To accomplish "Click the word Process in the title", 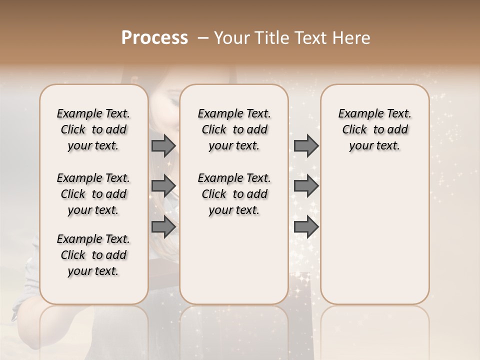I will coord(154,38).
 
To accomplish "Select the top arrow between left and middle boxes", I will coord(163,145).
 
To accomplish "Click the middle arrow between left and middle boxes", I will coord(163,186).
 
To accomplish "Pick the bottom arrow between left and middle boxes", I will coord(163,227).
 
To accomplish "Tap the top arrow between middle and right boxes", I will coord(306,145).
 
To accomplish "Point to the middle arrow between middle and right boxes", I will coord(306,186).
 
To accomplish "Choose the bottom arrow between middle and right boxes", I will coord(306,227).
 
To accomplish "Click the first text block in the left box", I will coord(93,129).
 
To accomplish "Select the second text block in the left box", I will coord(93,194).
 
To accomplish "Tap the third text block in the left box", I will coord(93,255).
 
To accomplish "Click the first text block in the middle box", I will coord(234,129).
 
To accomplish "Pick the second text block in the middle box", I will coord(234,194).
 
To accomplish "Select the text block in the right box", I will coord(374,129).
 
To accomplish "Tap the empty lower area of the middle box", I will coord(234,260).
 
